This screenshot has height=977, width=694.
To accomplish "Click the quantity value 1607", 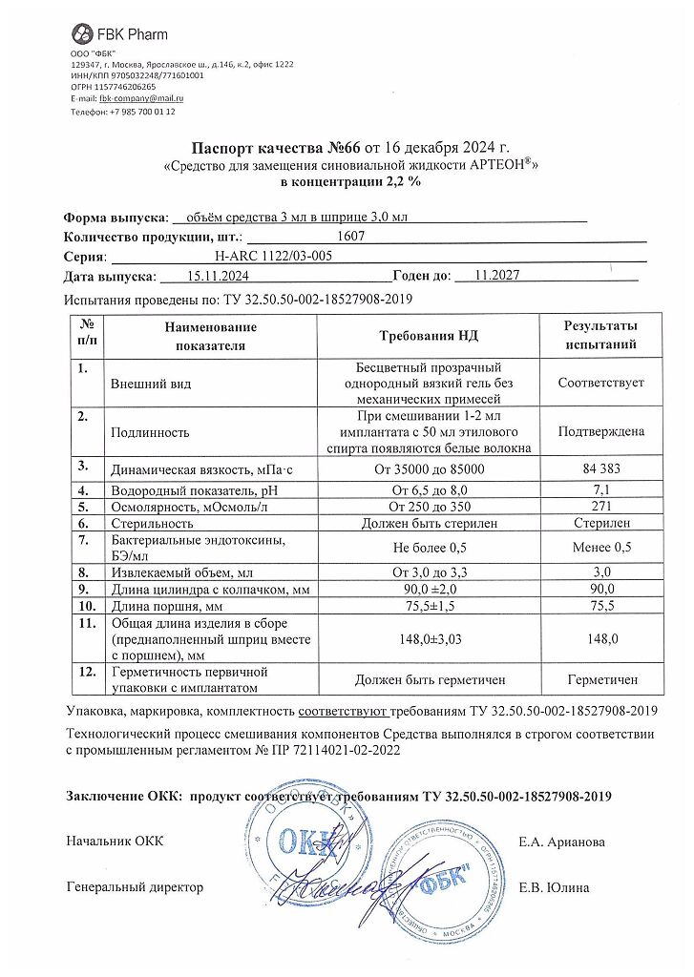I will coord(351,235).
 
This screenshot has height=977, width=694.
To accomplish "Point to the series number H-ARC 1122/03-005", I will coord(277,256).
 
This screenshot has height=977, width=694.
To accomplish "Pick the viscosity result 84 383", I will coord(600,468).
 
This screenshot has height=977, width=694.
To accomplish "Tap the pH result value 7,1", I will coord(600,489).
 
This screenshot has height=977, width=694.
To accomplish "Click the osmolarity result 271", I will coord(600,506).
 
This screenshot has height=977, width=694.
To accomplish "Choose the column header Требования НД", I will coord(429,336).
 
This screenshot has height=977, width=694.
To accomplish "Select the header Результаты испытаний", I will coord(600,336).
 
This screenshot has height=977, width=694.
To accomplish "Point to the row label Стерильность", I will coord(152,523).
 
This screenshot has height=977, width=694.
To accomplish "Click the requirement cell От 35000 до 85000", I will coord(429,468).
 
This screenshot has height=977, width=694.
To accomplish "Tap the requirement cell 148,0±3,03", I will coord(429,639).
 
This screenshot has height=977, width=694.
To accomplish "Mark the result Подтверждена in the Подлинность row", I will coord(600,431).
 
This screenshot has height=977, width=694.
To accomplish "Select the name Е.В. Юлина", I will coord(554,887).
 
